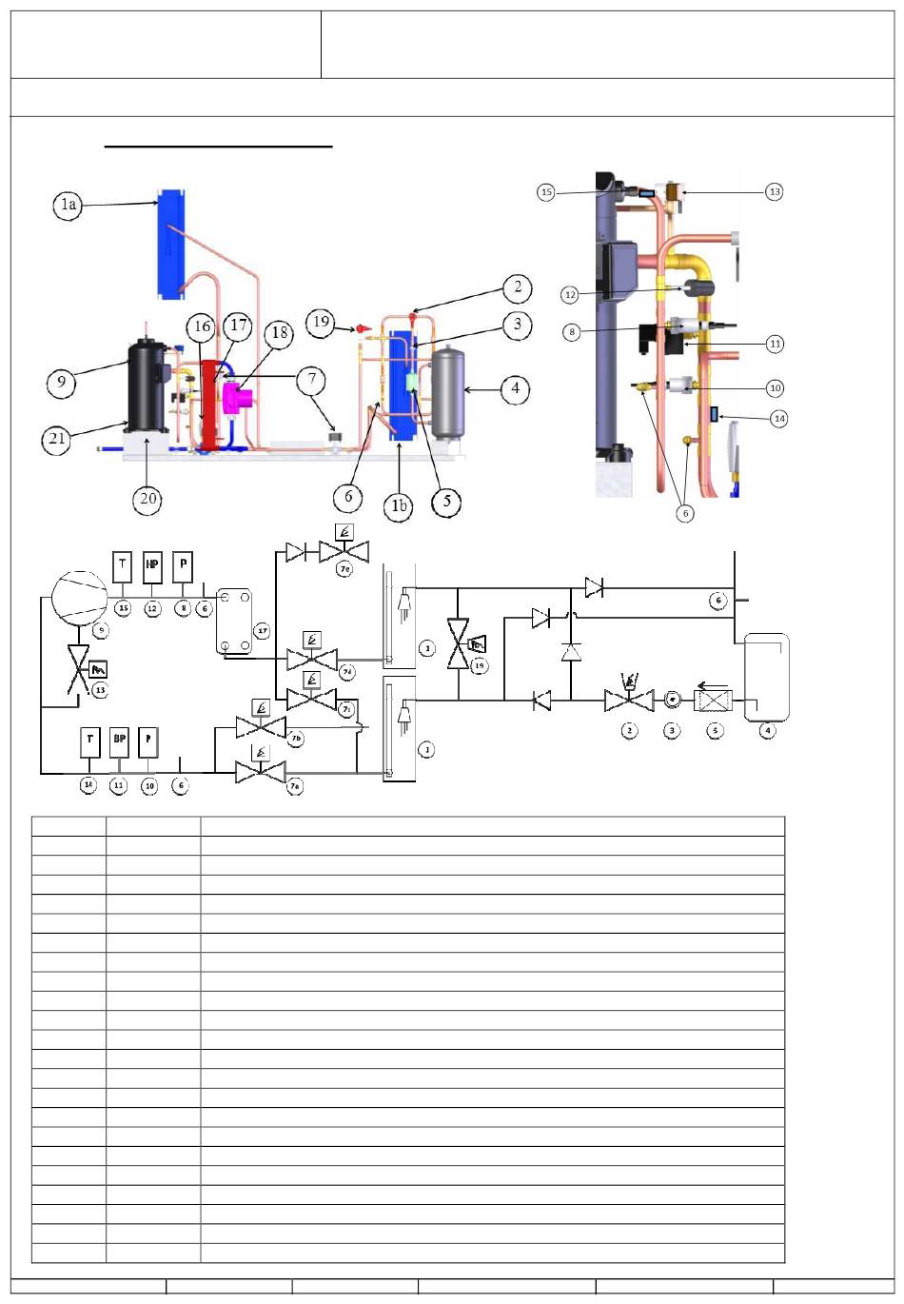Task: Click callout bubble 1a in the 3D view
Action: [68, 205]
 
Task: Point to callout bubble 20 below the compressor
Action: [147, 497]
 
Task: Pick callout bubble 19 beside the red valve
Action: [321, 322]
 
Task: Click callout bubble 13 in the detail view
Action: [775, 191]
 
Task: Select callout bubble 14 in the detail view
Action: [779, 418]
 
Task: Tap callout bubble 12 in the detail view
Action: [570, 295]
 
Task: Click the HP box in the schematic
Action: [152, 565]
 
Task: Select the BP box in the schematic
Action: [119, 740]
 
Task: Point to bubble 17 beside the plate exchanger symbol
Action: [261, 631]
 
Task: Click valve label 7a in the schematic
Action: [296, 788]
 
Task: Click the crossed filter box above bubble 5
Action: [714, 702]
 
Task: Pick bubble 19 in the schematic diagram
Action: [480, 665]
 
